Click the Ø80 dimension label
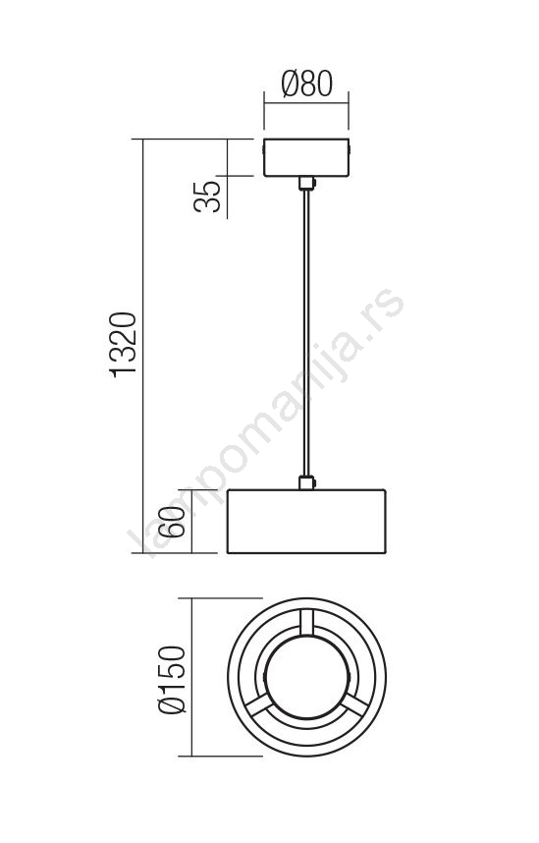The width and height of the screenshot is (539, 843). click(307, 84)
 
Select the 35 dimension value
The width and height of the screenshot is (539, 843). click(207, 197)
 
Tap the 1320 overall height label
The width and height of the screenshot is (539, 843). click(124, 345)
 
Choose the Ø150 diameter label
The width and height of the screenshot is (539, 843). click(173, 680)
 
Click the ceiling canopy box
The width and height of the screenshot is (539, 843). click(306, 157)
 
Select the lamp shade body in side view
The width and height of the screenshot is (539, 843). click(306, 521)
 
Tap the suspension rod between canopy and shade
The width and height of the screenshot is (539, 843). click(306, 333)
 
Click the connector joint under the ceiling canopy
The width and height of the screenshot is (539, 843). click(307, 184)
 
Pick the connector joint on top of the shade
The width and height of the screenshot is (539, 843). click(307, 482)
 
